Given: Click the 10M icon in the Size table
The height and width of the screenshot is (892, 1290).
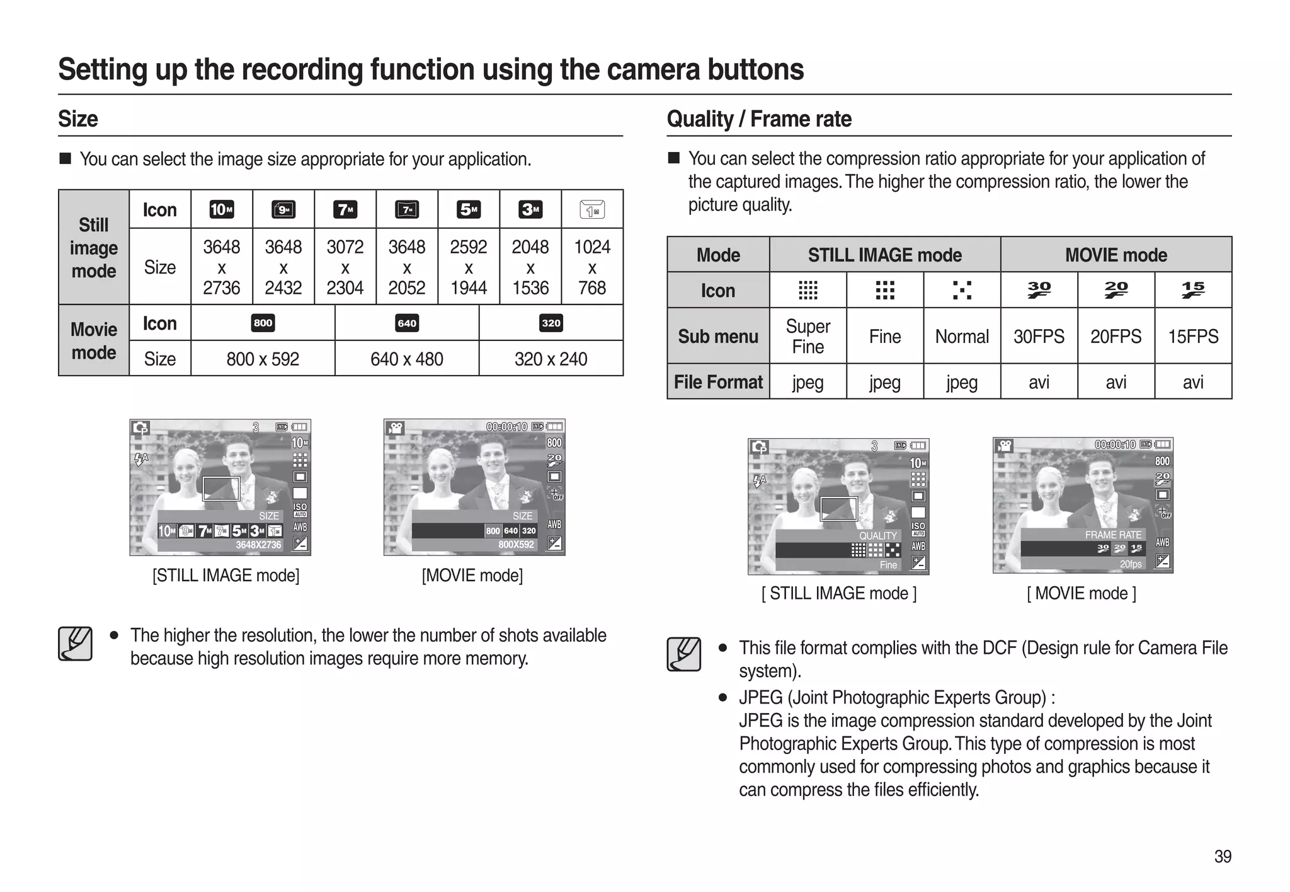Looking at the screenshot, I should click(x=221, y=209).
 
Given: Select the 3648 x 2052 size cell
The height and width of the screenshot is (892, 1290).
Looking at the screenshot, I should click(x=406, y=267).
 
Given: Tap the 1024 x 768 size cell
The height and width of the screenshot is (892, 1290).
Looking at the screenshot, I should click(x=592, y=267).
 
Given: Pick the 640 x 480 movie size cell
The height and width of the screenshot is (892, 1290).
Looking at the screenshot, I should click(x=406, y=359).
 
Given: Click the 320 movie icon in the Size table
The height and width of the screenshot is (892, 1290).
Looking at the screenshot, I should click(x=551, y=323).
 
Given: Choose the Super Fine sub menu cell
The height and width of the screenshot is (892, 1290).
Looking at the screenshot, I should click(x=808, y=336).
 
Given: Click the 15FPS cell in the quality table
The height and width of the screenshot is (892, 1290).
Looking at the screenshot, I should click(x=1193, y=336).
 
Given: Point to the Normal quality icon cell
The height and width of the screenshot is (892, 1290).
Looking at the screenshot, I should click(x=962, y=290).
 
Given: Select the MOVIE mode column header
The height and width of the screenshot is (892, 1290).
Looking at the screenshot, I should click(x=1116, y=255).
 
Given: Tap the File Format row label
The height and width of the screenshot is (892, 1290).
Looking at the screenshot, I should click(x=718, y=382).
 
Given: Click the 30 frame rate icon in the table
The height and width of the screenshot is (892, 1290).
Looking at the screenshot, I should click(x=1039, y=290).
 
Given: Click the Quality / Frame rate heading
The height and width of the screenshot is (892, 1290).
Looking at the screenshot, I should click(x=758, y=119).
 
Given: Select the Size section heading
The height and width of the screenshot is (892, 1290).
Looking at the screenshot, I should click(x=78, y=119).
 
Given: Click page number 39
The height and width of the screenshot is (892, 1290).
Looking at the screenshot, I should click(x=1223, y=856).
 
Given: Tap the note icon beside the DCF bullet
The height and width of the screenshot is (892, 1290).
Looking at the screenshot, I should click(x=684, y=654).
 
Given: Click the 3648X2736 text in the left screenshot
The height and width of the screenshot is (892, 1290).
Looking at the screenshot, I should click(x=258, y=545).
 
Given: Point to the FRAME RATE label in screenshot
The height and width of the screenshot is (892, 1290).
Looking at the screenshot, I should click(x=1112, y=535).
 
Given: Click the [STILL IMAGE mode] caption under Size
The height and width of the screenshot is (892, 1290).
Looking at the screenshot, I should click(x=225, y=575).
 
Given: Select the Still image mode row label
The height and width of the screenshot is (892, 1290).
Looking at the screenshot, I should click(x=94, y=248).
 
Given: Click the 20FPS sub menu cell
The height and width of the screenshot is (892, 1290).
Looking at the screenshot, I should click(x=1116, y=336).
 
